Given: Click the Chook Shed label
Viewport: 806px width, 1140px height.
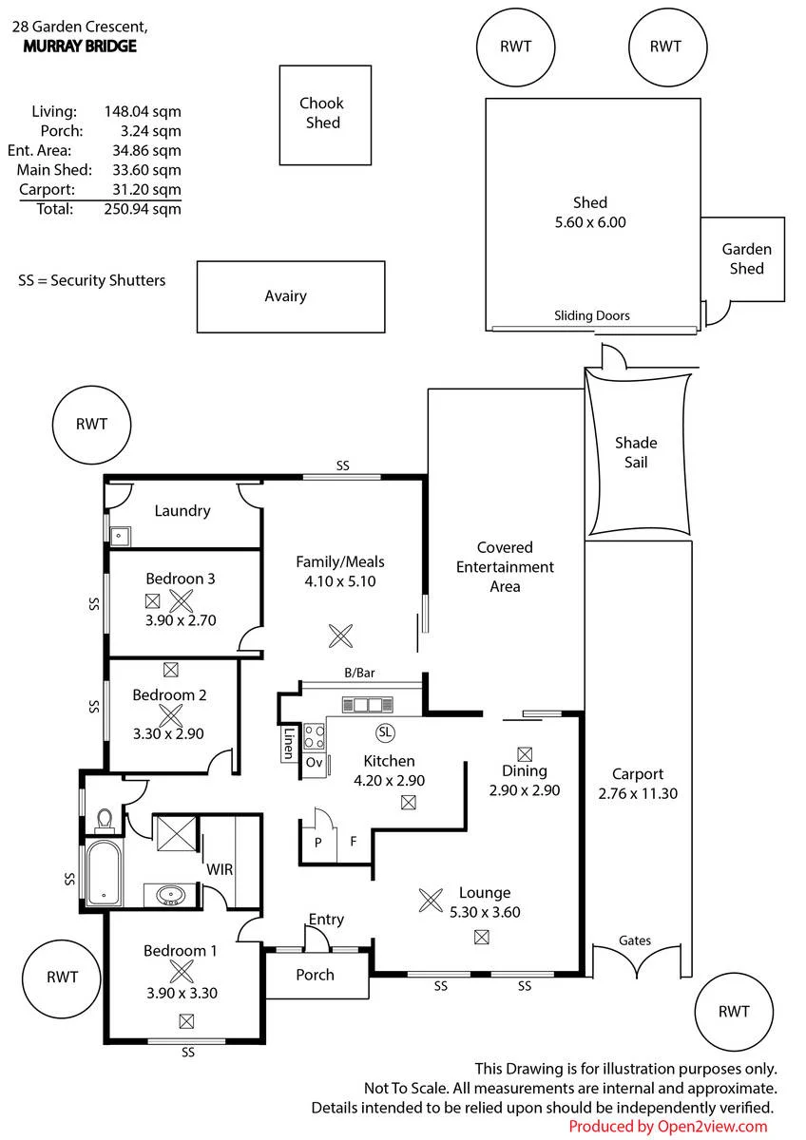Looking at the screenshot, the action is [322, 113].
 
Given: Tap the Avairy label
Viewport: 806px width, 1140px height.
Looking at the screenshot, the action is [286, 296].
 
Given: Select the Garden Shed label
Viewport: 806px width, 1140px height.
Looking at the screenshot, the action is [746, 258].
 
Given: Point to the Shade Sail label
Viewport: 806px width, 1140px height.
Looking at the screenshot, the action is [636, 452].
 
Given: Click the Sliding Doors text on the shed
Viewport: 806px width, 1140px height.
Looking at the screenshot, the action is [591, 315].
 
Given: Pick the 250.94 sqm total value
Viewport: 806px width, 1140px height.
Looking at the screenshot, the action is [143, 209].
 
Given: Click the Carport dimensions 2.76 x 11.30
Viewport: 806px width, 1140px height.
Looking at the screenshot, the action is [638, 793].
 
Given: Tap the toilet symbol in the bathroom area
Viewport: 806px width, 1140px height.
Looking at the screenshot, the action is [105, 821].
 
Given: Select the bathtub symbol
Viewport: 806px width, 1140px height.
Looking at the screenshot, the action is [104, 873].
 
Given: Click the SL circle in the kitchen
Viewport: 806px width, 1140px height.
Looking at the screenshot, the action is [385, 732].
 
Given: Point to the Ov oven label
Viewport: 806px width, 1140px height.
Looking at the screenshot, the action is [315, 762].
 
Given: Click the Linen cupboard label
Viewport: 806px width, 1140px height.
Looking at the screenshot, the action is [289, 744].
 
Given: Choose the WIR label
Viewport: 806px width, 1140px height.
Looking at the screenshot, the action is [220, 869].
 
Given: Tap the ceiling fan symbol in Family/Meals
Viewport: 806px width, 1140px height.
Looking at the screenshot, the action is [340, 636].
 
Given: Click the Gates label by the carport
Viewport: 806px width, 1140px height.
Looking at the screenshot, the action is [635, 940].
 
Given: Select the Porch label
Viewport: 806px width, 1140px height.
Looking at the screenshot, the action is [316, 975].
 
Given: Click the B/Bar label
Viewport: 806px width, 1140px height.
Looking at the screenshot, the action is [359, 673].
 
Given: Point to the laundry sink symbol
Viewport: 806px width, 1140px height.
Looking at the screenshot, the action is [120, 536].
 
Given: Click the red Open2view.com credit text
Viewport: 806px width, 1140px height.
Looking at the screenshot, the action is [667, 1127].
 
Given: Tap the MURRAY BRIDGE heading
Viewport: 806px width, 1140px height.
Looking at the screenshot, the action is [80, 47].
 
